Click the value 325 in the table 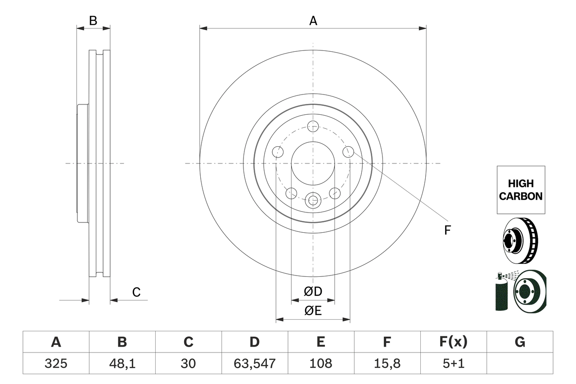(x=56, y=363)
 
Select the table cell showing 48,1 (x=122, y=363)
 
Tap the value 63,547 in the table (x=254, y=363)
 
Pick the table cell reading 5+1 (x=453, y=363)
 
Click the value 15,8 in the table (x=387, y=363)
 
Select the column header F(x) (x=453, y=342)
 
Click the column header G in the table (x=520, y=342)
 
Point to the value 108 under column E (x=320, y=363)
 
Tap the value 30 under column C (x=188, y=363)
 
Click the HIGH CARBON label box (x=521, y=190)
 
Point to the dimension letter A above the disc (x=313, y=21)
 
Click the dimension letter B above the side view (x=93, y=21)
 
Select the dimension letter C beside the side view (x=136, y=292)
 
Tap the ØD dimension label (x=313, y=292)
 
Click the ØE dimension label (x=313, y=311)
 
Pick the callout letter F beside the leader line (x=447, y=230)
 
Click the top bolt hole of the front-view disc (x=313, y=126)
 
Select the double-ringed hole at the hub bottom (x=313, y=200)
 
